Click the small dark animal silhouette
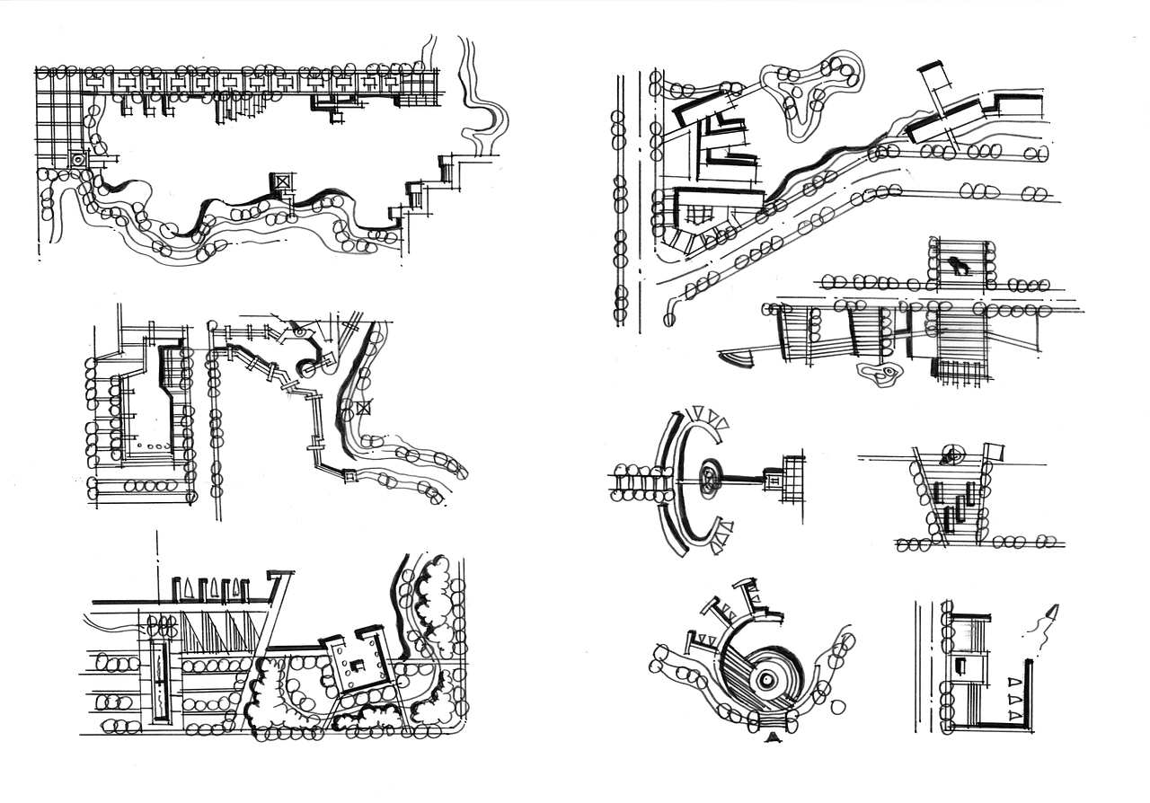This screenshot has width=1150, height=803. [x=959, y=265]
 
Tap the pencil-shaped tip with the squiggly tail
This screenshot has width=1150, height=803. [x=1051, y=613]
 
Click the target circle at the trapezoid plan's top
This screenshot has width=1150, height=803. [x=951, y=454]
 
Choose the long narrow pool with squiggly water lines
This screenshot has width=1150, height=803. [x=161, y=682]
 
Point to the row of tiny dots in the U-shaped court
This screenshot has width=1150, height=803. [x=154, y=446]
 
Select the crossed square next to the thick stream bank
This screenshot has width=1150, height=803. [x=362, y=409]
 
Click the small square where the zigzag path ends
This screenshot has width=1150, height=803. [x=349, y=474]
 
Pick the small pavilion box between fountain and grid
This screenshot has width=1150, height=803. [x=774, y=478]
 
